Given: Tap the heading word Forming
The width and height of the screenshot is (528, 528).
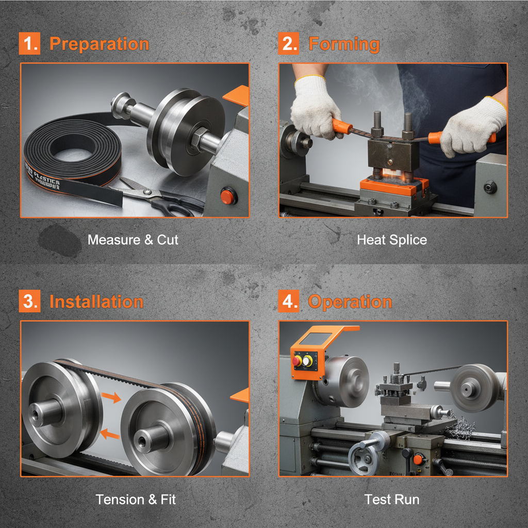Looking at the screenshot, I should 344,44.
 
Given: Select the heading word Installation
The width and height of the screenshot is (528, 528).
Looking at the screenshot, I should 96,302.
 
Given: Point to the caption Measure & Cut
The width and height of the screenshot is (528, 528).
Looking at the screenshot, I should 133,240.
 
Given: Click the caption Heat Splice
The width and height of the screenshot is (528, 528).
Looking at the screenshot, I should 392,240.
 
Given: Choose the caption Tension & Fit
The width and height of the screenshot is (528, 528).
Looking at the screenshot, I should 136,500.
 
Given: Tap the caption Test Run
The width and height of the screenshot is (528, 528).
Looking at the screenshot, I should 392,500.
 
